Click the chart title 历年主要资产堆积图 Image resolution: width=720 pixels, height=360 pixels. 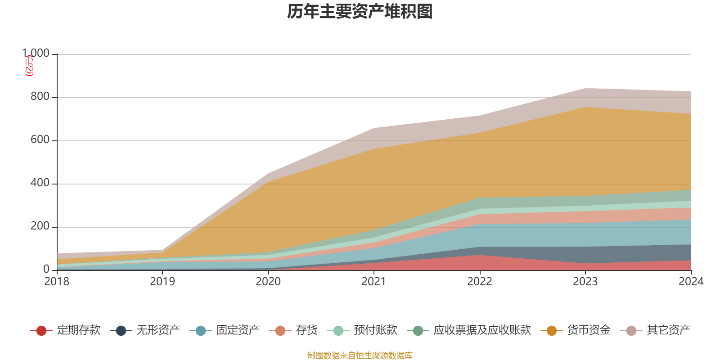pyautogui.click(x=360, y=12)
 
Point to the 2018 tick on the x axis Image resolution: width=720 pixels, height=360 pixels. pyautogui.click(x=57, y=282)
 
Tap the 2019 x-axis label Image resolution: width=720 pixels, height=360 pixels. pyautogui.click(x=162, y=282)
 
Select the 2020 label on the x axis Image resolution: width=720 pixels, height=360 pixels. pyautogui.click(x=268, y=282)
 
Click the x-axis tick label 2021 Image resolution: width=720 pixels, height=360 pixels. pyautogui.click(x=374, y=282)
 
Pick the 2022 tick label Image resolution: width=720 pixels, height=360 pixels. pyautogui.click(x=480, y=282)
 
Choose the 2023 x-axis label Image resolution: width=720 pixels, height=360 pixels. pyautogui.click(x=585, y=282)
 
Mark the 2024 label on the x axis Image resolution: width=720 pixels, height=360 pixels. pyautogui.click(x=691, y=282)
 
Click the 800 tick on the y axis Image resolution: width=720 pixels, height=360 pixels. pyautogui.click(x=40, y=97)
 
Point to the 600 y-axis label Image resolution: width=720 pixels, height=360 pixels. pyautogui.click(x=40, y=140)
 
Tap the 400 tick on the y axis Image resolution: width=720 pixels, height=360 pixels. pyautogui.click(x=40, y=183)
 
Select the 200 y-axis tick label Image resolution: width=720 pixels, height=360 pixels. pyautogui.click(x=40, y=226)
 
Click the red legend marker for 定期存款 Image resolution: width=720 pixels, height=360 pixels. pyautogui.click(x=41, y=331)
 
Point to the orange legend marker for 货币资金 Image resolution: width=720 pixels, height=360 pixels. pyautogui.click(x=551, y=331)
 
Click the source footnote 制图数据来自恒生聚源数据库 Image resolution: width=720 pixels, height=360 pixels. pyautogui.click(x=360, y=355)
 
